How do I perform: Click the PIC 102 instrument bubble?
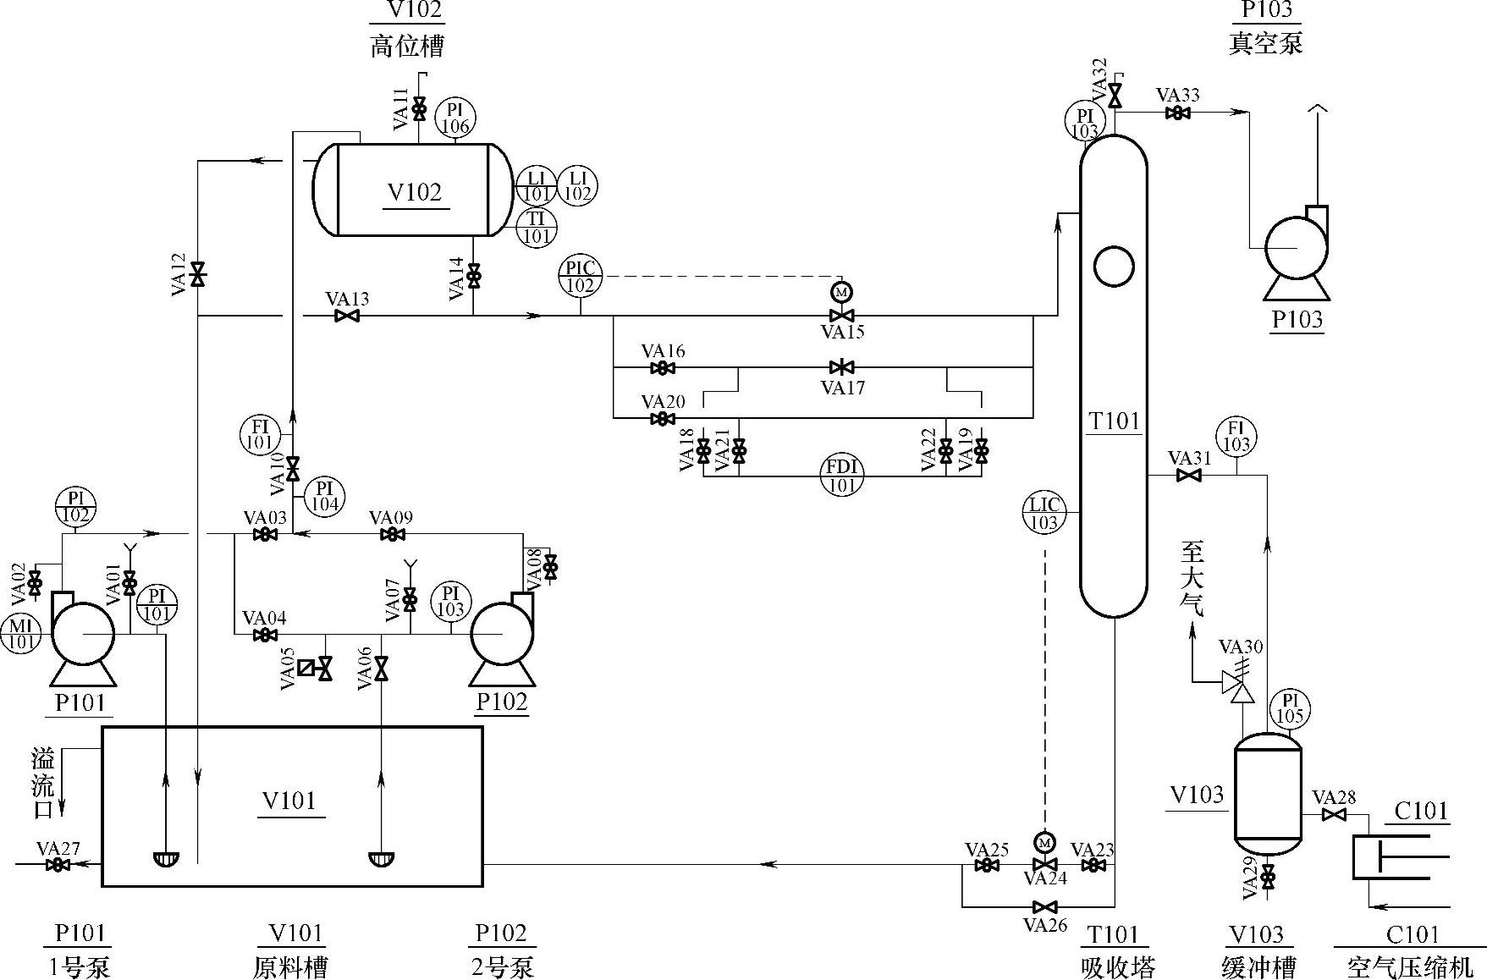pos(580,276)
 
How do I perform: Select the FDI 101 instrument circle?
pos(841,476)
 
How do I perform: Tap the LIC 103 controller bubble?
pos(1044,513)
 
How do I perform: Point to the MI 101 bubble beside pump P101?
pos(20,633)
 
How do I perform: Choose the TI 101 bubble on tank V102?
pos(537,227)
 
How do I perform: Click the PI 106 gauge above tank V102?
pos(455,118)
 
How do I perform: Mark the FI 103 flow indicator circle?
pos(1236,437)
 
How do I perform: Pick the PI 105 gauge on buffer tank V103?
pos(1290,707)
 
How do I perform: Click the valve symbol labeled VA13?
pos(347,316)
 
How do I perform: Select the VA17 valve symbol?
pos(841,367)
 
